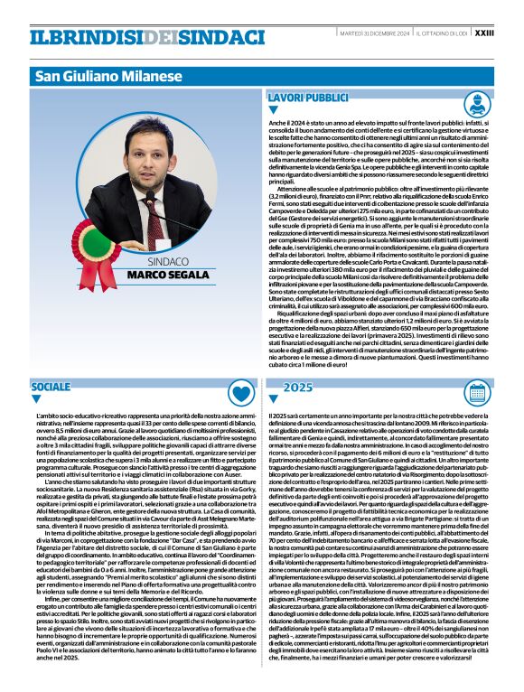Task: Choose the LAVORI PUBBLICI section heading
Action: [308, 97]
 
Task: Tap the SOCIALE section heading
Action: [52, 387]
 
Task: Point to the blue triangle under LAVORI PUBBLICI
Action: [274, 109]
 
